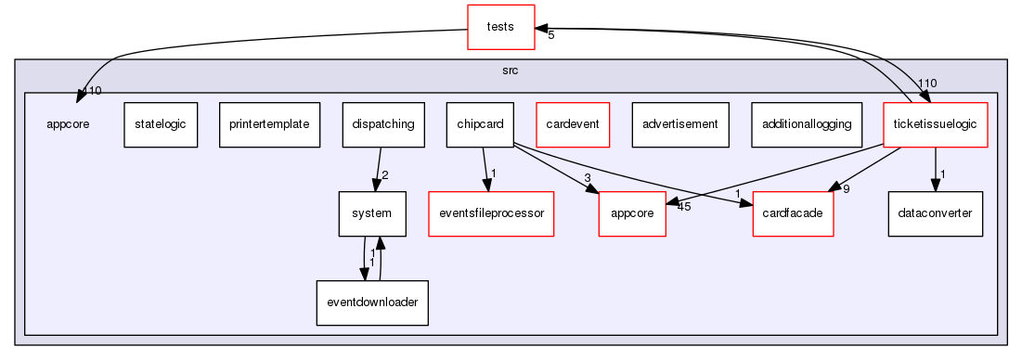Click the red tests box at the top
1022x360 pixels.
[500, 27]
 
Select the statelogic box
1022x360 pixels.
[161, 124]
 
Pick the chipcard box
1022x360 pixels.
[480, 124]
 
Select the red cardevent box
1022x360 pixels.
[573, 124]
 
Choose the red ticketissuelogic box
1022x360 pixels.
[935, 124]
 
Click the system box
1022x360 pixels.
[371, 213]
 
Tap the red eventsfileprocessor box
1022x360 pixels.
[491, 213]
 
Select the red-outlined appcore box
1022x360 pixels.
[632, 213]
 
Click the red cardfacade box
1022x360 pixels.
[793, 213]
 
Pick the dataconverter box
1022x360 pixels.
[935, 213]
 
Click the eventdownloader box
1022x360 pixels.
[371, 302]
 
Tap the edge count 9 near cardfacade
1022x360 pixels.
[846, 189]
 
